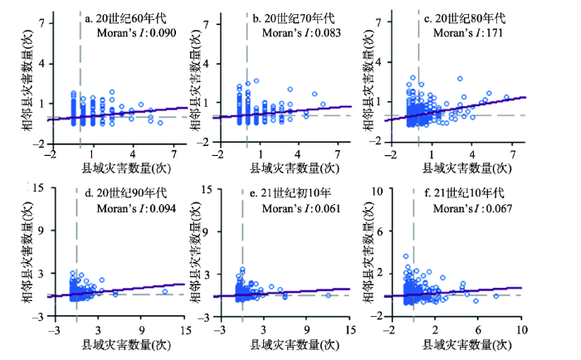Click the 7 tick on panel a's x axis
pos(173,155)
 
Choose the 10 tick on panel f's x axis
pos(520,330)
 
